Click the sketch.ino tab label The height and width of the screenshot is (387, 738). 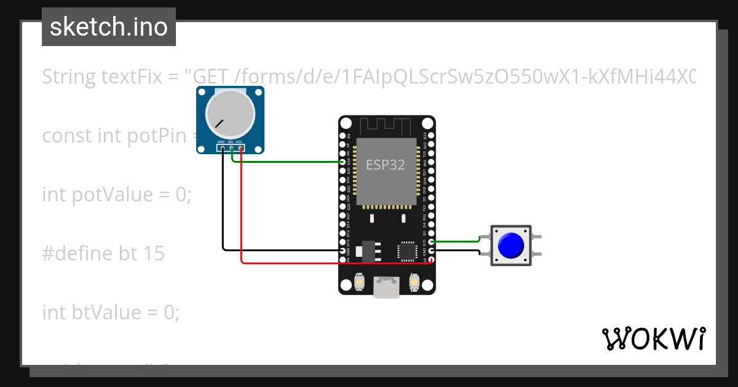click(x=108, y=27)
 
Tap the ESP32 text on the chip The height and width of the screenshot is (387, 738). click(x=386, y=165)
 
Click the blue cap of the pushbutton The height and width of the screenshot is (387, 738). click(x=511, y=245)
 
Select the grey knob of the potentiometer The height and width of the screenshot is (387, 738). click(x=230, y=114)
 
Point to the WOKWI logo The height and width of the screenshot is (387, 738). click(x=653, y=338)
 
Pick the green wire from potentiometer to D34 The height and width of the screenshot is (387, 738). click(x=289, y=162)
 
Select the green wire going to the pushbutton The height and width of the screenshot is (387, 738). click(x=455, y=241)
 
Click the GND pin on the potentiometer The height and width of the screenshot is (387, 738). click(x=222, y=147)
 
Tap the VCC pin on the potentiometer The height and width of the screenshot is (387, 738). click(x=240, y=147)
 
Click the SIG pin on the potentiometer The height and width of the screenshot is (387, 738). click(x=231, y=147)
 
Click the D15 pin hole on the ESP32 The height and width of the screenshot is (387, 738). click(x=432, y=242)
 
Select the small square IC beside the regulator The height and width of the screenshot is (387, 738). click(x=407, y=250)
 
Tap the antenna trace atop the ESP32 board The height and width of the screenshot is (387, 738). click(x=386, y=127)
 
